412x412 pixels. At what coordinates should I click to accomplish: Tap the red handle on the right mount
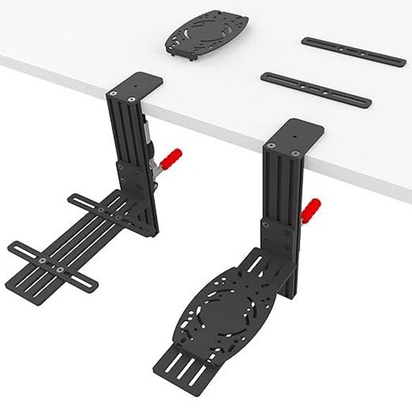click(x=311, y=209)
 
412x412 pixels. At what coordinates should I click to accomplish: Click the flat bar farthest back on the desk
click(x=353, y=52)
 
